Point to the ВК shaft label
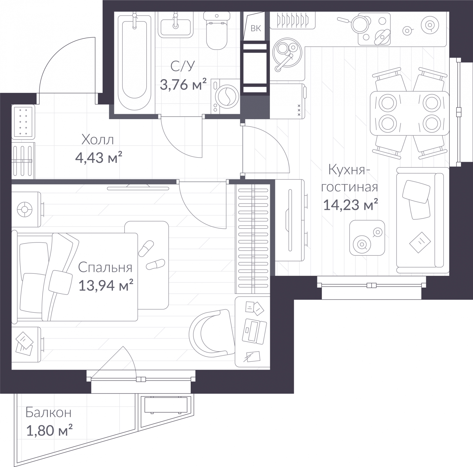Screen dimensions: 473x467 tap(256, 28)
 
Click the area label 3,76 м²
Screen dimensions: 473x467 tap(183, 85)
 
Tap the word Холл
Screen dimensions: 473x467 tap(98, 140)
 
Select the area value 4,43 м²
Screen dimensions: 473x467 tap(99, 158)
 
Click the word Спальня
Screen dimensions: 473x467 tap(105, 267)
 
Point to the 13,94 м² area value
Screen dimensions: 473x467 tap(106, 286)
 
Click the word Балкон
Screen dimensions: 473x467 tap(48, 412)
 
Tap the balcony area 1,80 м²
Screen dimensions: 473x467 tap(49, 431)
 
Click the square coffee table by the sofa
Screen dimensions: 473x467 tap(367, 238)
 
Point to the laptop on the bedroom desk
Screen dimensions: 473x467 tap(254, 331)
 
